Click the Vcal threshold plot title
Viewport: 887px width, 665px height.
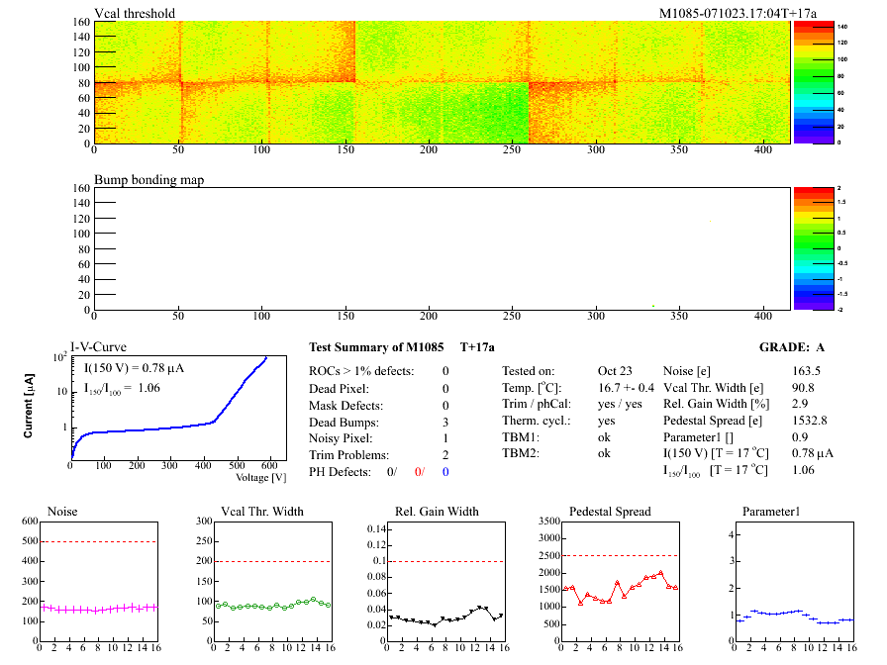click(135, 14)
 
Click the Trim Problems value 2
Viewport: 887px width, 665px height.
click(445, 455)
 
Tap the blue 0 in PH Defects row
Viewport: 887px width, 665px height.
click(445, 472)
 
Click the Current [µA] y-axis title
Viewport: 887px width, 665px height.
click(30, 407)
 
